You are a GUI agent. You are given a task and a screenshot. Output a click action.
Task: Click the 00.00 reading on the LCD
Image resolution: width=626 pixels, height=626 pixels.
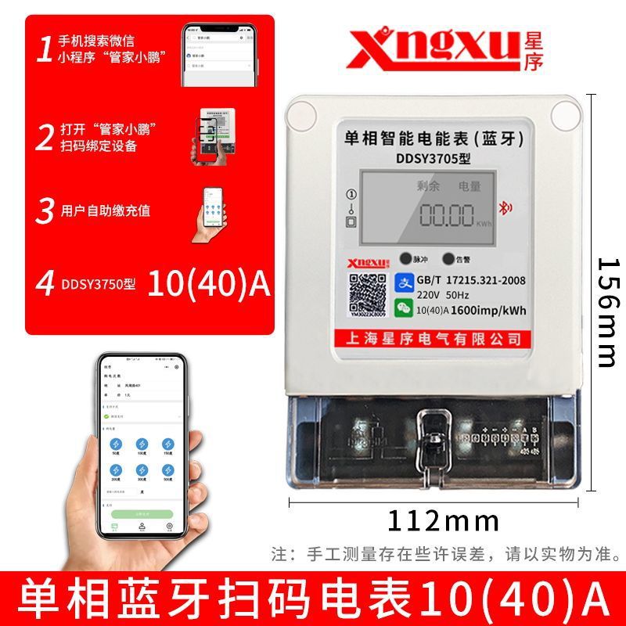click(447, 214)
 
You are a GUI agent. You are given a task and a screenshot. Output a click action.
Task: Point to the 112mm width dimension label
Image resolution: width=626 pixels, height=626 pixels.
click(443, 519)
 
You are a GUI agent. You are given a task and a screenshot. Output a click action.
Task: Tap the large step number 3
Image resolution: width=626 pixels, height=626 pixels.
click(46, 210)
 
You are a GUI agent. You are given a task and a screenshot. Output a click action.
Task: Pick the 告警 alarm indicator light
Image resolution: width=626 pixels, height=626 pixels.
click(448, 258)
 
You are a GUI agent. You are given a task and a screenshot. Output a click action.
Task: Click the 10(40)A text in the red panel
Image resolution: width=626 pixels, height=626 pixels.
click(208, 284)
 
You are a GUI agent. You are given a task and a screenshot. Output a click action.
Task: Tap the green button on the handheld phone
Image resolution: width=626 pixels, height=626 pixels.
click(142, 514)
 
